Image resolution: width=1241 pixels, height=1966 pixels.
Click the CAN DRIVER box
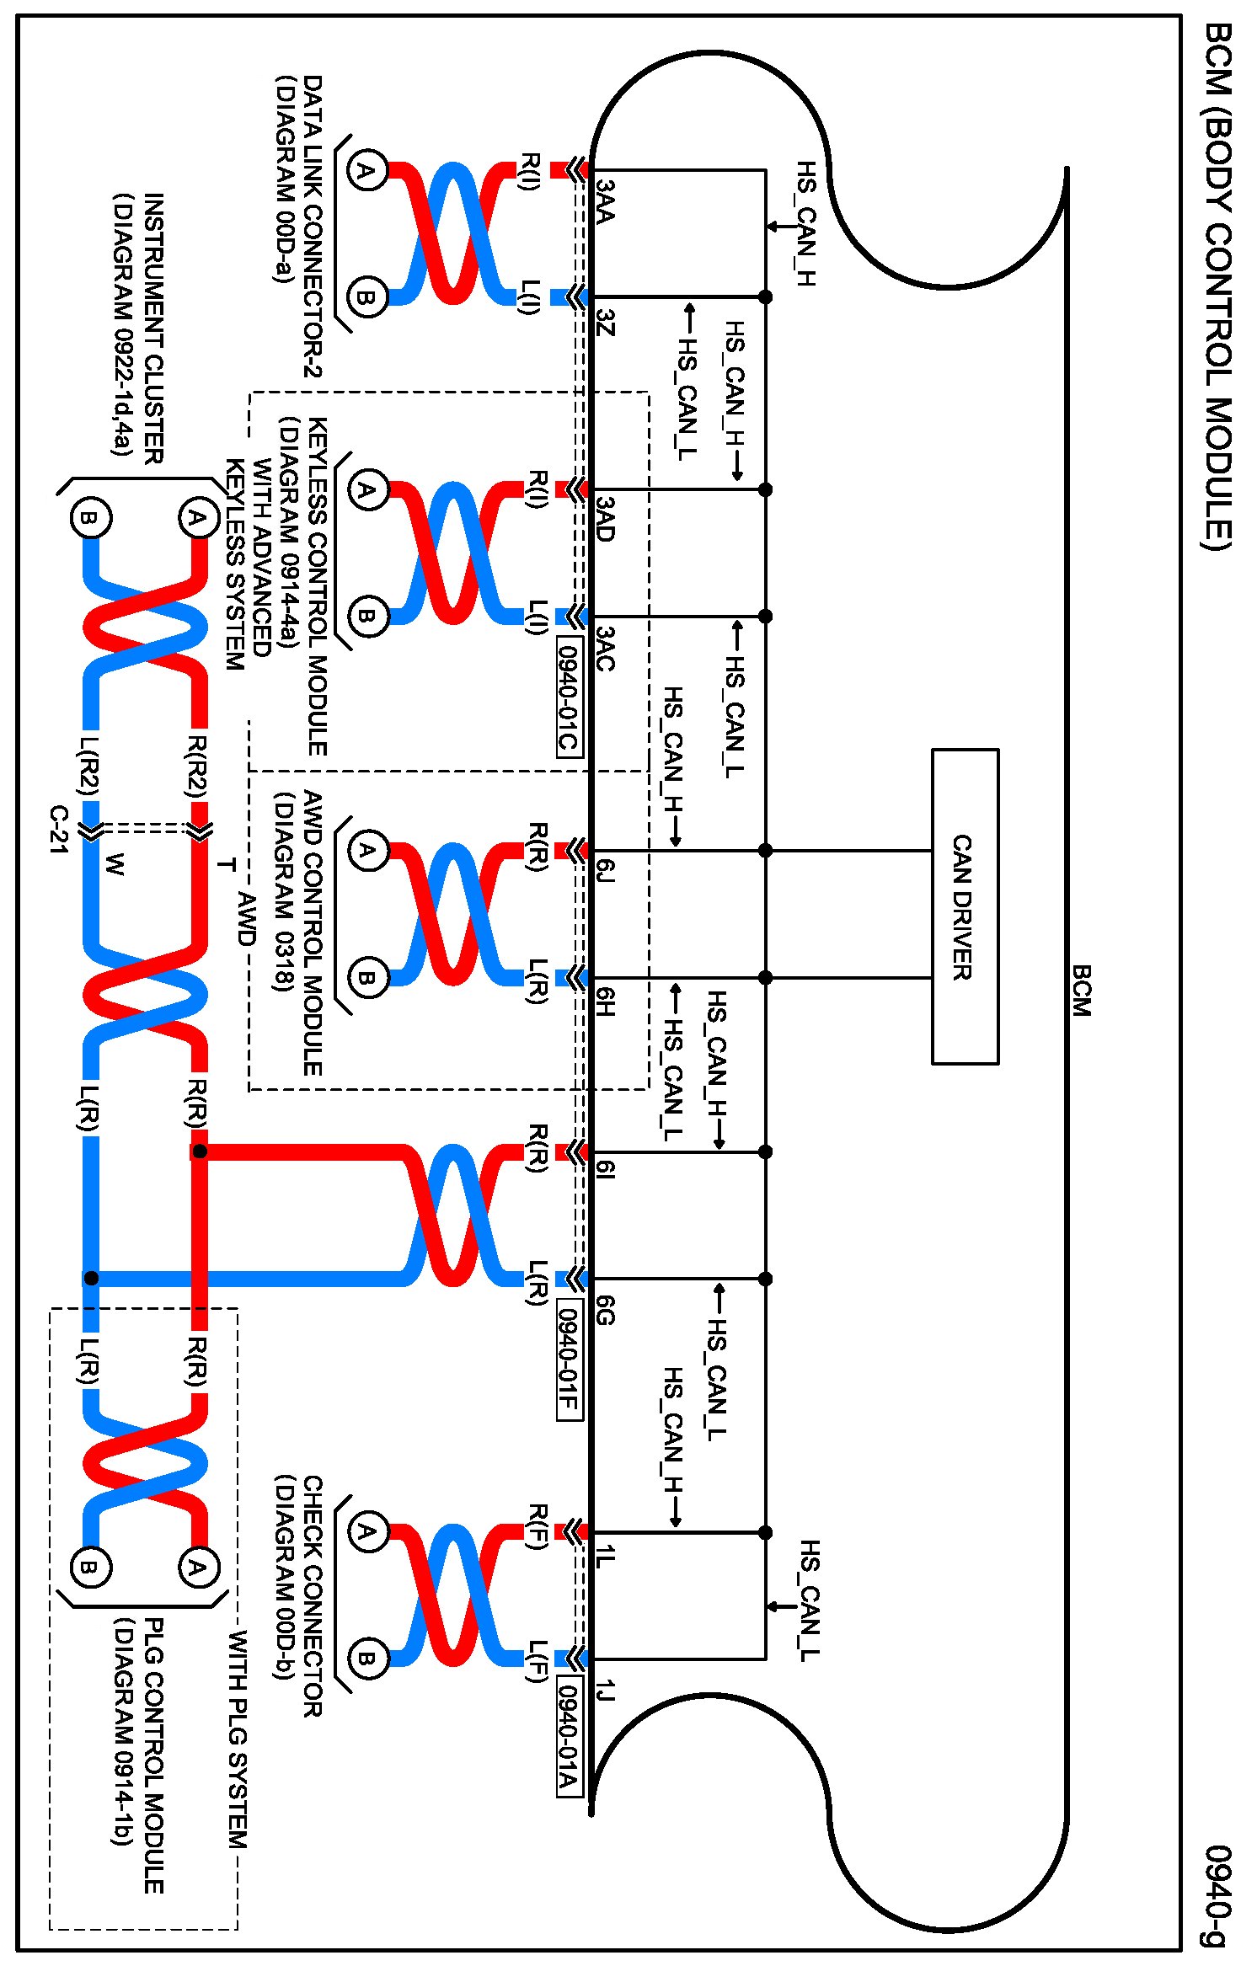coord(965,906)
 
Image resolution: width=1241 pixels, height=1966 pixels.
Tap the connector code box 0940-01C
coord(569,697)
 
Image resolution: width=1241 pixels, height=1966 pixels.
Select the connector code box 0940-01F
coord(569,1359)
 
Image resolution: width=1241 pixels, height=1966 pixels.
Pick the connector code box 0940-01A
coord(569,1736)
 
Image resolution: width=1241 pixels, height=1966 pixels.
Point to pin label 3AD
coord(605,518)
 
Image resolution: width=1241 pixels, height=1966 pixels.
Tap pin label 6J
coord(605,870)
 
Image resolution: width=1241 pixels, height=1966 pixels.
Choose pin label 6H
coord(605,1001)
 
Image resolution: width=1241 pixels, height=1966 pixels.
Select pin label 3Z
coord(605,322)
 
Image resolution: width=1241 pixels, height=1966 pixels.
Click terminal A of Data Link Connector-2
coord(366,171)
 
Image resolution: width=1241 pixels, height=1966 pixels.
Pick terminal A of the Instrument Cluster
coord(197,517)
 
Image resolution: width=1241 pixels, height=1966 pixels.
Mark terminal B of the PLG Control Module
coord(89,1567)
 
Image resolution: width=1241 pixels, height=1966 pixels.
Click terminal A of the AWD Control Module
coord(366,850)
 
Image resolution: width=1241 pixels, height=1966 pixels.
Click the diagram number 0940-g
coord(1218,1895)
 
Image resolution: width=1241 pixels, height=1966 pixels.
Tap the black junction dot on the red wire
coord(200,1151)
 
